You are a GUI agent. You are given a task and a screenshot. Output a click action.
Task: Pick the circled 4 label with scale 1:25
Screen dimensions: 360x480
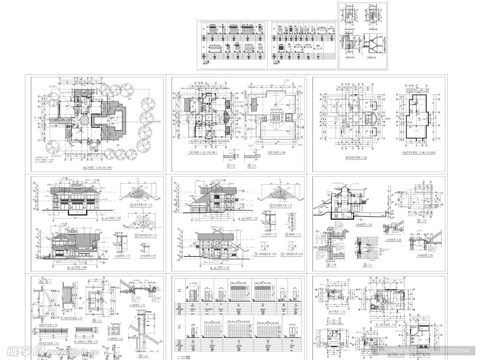coord(133,348)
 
